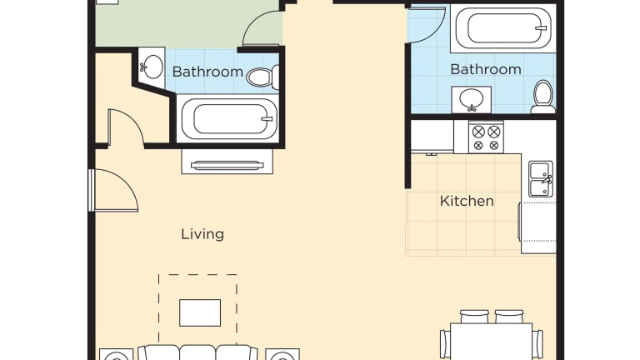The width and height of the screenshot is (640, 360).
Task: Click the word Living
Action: point(202,234)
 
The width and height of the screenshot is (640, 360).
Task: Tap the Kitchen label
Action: point(467,201)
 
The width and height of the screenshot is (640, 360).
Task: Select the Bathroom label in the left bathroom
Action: point(207,72)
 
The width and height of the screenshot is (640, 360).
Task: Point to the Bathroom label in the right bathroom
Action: point(486,69)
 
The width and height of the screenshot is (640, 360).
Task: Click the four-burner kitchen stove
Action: point(486,137)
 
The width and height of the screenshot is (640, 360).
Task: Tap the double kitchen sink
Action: point(541,179)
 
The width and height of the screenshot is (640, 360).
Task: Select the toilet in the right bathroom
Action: point(543,97)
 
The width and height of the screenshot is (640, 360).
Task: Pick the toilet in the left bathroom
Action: point(262,77)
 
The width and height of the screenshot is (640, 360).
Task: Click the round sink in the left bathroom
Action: point(152,67)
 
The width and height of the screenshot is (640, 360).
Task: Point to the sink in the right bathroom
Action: point(472,99)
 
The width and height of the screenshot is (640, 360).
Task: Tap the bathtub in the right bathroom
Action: point(503,28)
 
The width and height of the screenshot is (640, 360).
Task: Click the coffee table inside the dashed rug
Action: point(200,312)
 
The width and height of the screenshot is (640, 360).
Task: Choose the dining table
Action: point(492,342)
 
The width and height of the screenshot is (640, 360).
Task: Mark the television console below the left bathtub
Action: point(227,162)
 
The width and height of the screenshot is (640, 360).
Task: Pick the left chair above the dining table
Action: point(474,317)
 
